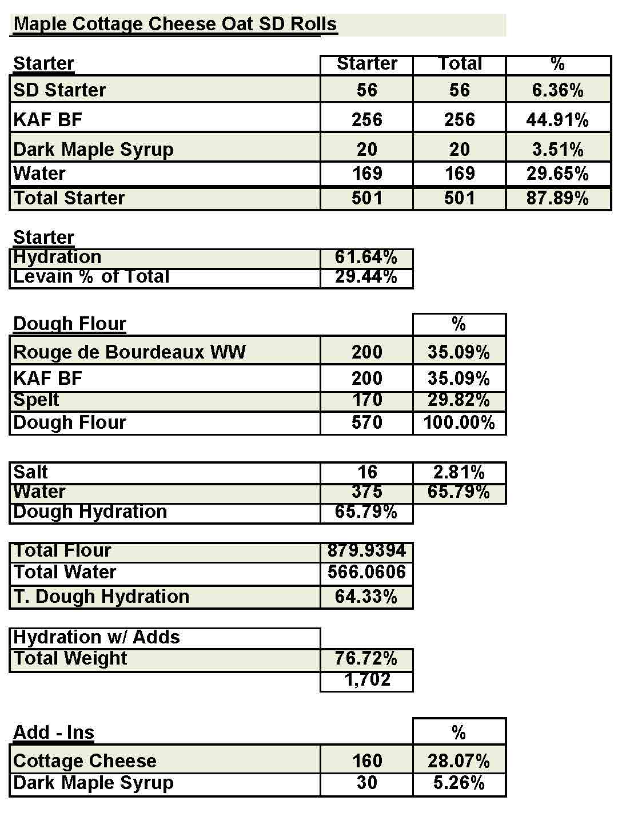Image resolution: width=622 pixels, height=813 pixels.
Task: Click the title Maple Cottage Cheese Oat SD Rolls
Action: (175, 24)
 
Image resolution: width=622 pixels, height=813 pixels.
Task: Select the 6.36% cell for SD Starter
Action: (557, 90)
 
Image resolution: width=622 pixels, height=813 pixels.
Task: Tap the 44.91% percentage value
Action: (557, 120)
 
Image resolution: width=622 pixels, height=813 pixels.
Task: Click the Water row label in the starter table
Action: (39, 174)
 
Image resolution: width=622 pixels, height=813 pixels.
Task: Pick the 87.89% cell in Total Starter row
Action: (557, 198)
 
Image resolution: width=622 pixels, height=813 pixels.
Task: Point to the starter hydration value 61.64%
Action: (366, 257)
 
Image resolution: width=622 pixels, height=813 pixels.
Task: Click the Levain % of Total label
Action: (91, 277)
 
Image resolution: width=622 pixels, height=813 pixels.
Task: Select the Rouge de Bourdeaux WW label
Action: (129, 352)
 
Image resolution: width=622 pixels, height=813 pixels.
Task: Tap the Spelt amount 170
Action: (366, 400)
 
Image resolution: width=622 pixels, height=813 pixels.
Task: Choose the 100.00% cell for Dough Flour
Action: (459, 423)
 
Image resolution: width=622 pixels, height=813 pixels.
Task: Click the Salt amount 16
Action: (367, 472)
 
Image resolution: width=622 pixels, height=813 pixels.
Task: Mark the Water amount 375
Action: (366, 492)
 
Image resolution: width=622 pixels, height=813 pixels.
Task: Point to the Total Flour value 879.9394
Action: (366, 551)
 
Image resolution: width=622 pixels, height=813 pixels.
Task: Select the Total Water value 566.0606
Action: (366, 572)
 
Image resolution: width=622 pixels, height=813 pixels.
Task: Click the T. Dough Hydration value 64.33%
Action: (366, 597)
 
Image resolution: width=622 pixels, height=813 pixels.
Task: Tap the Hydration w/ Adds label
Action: (97, 637)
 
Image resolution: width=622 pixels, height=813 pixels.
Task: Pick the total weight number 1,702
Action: (367, 680)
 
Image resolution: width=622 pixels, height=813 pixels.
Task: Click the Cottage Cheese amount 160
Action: (366, 760)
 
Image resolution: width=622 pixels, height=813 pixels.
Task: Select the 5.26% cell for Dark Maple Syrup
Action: (459, 783)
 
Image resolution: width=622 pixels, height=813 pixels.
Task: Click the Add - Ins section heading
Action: (54, 732)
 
